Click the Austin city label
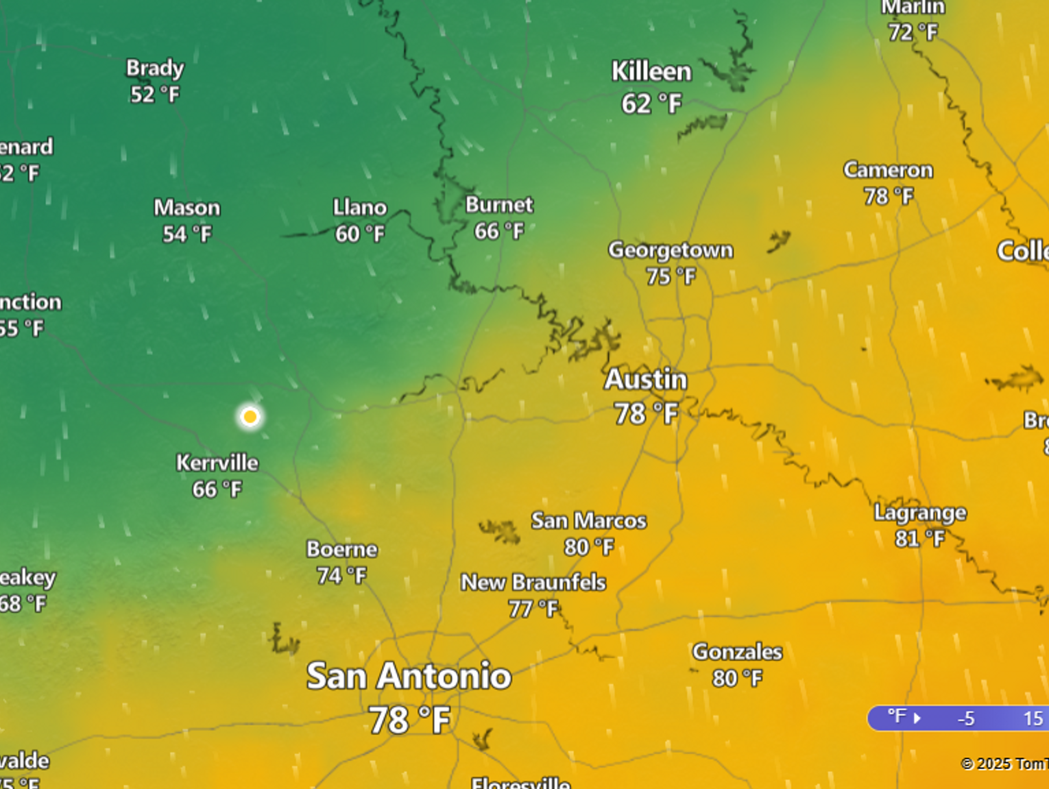(645, 380)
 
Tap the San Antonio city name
(409, 676)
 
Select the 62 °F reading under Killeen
(651, 104)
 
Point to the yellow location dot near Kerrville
(250, 416)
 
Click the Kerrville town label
(217, 463)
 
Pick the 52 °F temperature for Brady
(155, 94)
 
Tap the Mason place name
(186, 208)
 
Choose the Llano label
(360, 207)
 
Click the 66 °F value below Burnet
(499, 232)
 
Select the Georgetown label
(671, 250)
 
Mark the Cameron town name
(888, 170)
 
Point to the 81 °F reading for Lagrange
(920, 539)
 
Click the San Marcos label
(589, 521)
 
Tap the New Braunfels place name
(533, 583)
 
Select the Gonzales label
(737, 651)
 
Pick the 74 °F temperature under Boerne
(341, 576)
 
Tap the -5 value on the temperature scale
(966, 718)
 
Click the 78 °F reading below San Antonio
(409, 720)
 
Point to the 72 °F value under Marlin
(913, 32)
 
